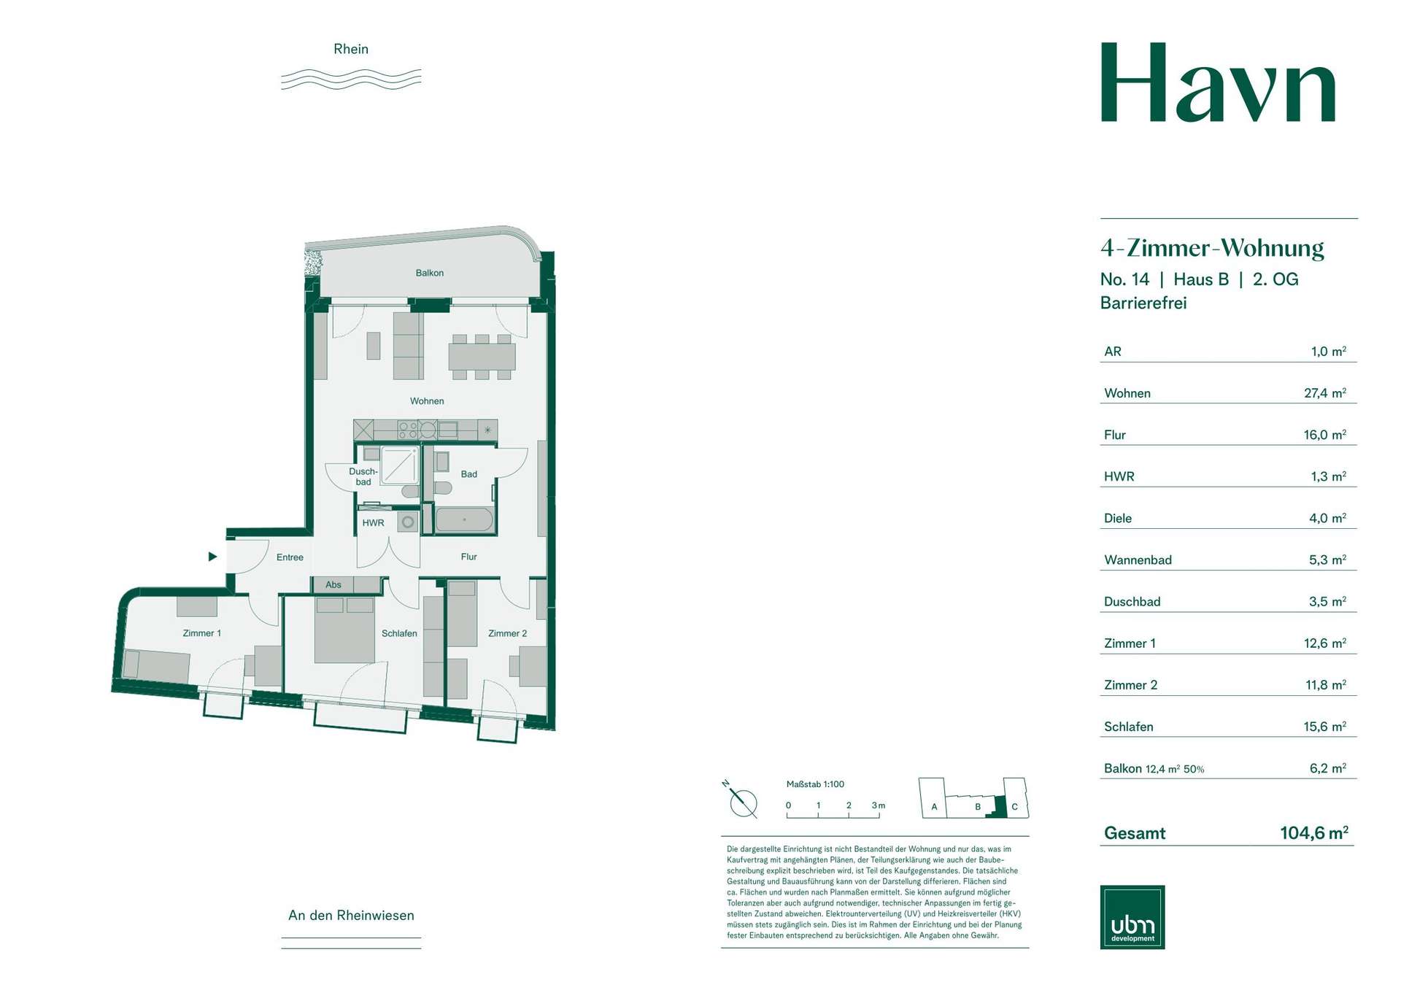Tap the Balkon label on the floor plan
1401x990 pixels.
[x=430, y=273]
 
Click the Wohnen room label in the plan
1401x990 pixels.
[x=427, y=401]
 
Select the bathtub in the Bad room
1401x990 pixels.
[x=464, y=520]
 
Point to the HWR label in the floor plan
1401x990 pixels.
[x=373, y=523]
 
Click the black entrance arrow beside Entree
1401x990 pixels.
[x=212, y=557]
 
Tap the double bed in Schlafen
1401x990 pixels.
[x=344, y=630]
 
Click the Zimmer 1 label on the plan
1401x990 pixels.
[x=201, y=633]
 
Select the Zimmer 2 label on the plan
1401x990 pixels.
[x=507, y=633]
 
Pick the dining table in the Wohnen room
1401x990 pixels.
[x=482, y=357]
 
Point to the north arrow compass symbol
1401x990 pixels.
[x=742, y=801]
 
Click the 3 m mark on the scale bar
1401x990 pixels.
[x=878, y=805]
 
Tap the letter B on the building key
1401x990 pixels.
[x=978, y=807]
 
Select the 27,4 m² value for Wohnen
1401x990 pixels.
[x=1325, y=393]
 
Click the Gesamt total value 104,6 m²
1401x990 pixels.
[x=1314, y=832]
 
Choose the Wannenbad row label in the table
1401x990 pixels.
[x=1138, y=560]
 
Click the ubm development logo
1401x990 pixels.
[x=1132, y=917]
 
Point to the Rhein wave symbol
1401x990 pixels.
[x=351, y=80]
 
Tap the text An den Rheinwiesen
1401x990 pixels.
[x=351, y=916]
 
